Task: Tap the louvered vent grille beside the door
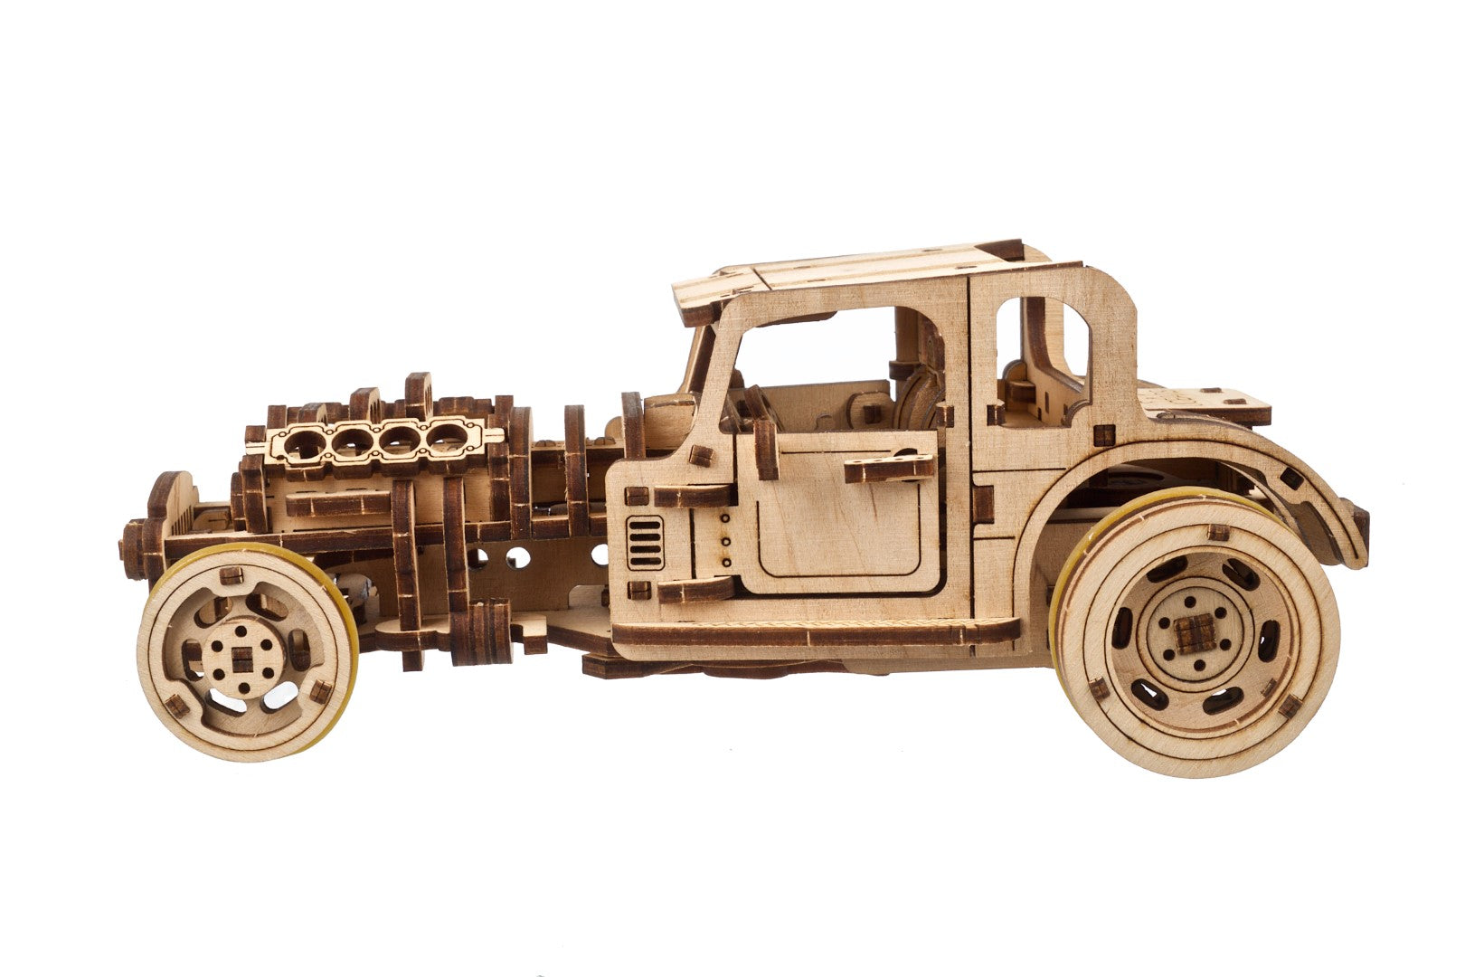pos(644,543)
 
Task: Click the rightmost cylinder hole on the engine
pos(445,438)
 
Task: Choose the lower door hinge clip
pos(695,590)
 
